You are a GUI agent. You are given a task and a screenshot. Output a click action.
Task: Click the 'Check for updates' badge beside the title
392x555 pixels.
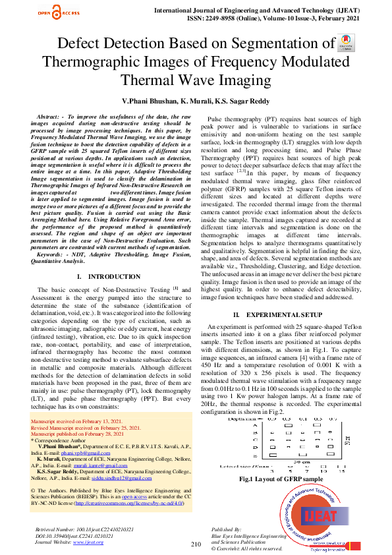point(345,44)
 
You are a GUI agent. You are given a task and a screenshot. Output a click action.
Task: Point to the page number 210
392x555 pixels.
point(196,544)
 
